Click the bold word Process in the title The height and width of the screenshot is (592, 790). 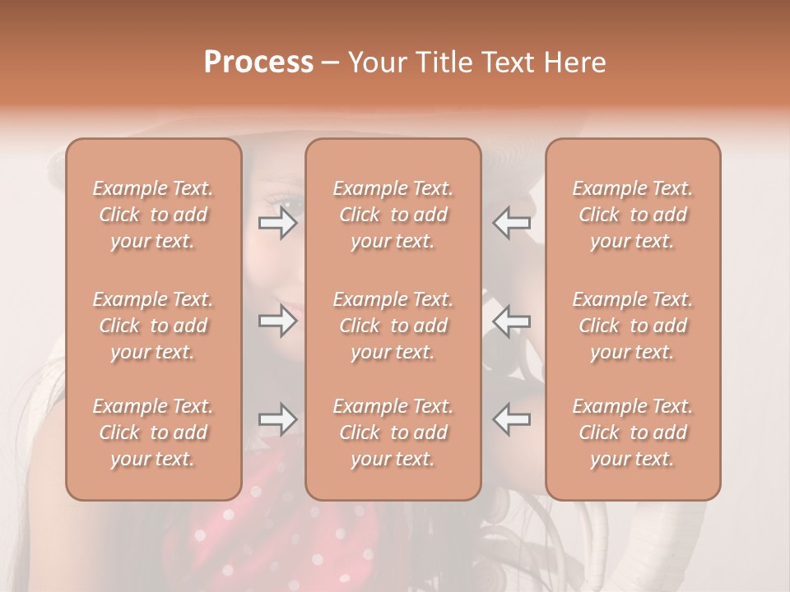click(258, 62)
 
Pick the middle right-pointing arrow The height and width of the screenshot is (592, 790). click(278, 321)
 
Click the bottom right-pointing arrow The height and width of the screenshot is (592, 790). click(278, 419)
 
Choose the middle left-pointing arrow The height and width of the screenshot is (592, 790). click(511, 321)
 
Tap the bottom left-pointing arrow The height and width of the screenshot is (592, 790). click(511, 419)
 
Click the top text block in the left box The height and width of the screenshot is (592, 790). click(153, 215)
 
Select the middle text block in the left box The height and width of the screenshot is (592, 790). click(153, 326)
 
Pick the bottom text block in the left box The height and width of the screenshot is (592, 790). click(153, 432)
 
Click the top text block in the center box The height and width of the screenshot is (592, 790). click(393, 215)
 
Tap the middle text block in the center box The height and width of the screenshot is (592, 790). click(393, 326)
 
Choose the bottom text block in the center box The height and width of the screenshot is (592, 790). click(393, 432)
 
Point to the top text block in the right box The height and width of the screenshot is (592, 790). click(633, 215)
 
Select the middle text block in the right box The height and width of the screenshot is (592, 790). click(633, 326)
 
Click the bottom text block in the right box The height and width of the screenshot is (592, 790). click(633, 432)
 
